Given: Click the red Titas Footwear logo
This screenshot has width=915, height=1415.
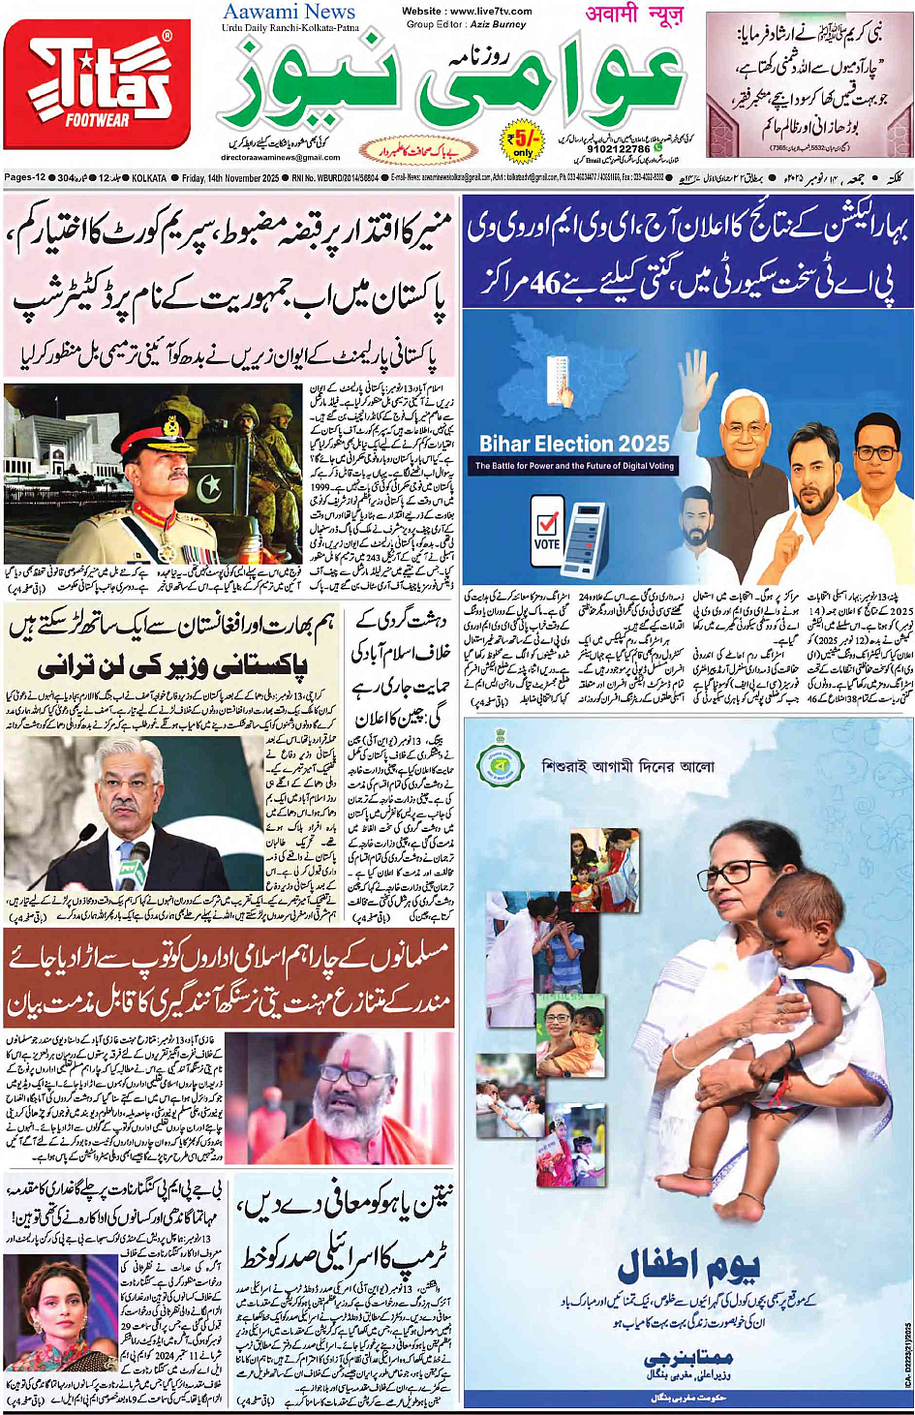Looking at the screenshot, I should click(97, 85).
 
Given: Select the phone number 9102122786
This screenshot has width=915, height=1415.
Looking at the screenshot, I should click(620, 149).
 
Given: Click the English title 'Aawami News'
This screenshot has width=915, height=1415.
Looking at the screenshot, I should click(289, 12).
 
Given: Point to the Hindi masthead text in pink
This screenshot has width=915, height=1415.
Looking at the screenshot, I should click(634, 14).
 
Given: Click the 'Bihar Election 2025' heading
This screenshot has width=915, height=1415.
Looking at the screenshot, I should click(574, 444).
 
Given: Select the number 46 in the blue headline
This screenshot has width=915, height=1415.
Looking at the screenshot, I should click(548, 282).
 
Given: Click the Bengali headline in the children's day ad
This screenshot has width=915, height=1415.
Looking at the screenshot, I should click(626, 767).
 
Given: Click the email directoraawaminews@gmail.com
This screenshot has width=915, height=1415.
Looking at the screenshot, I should click(281, 158).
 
